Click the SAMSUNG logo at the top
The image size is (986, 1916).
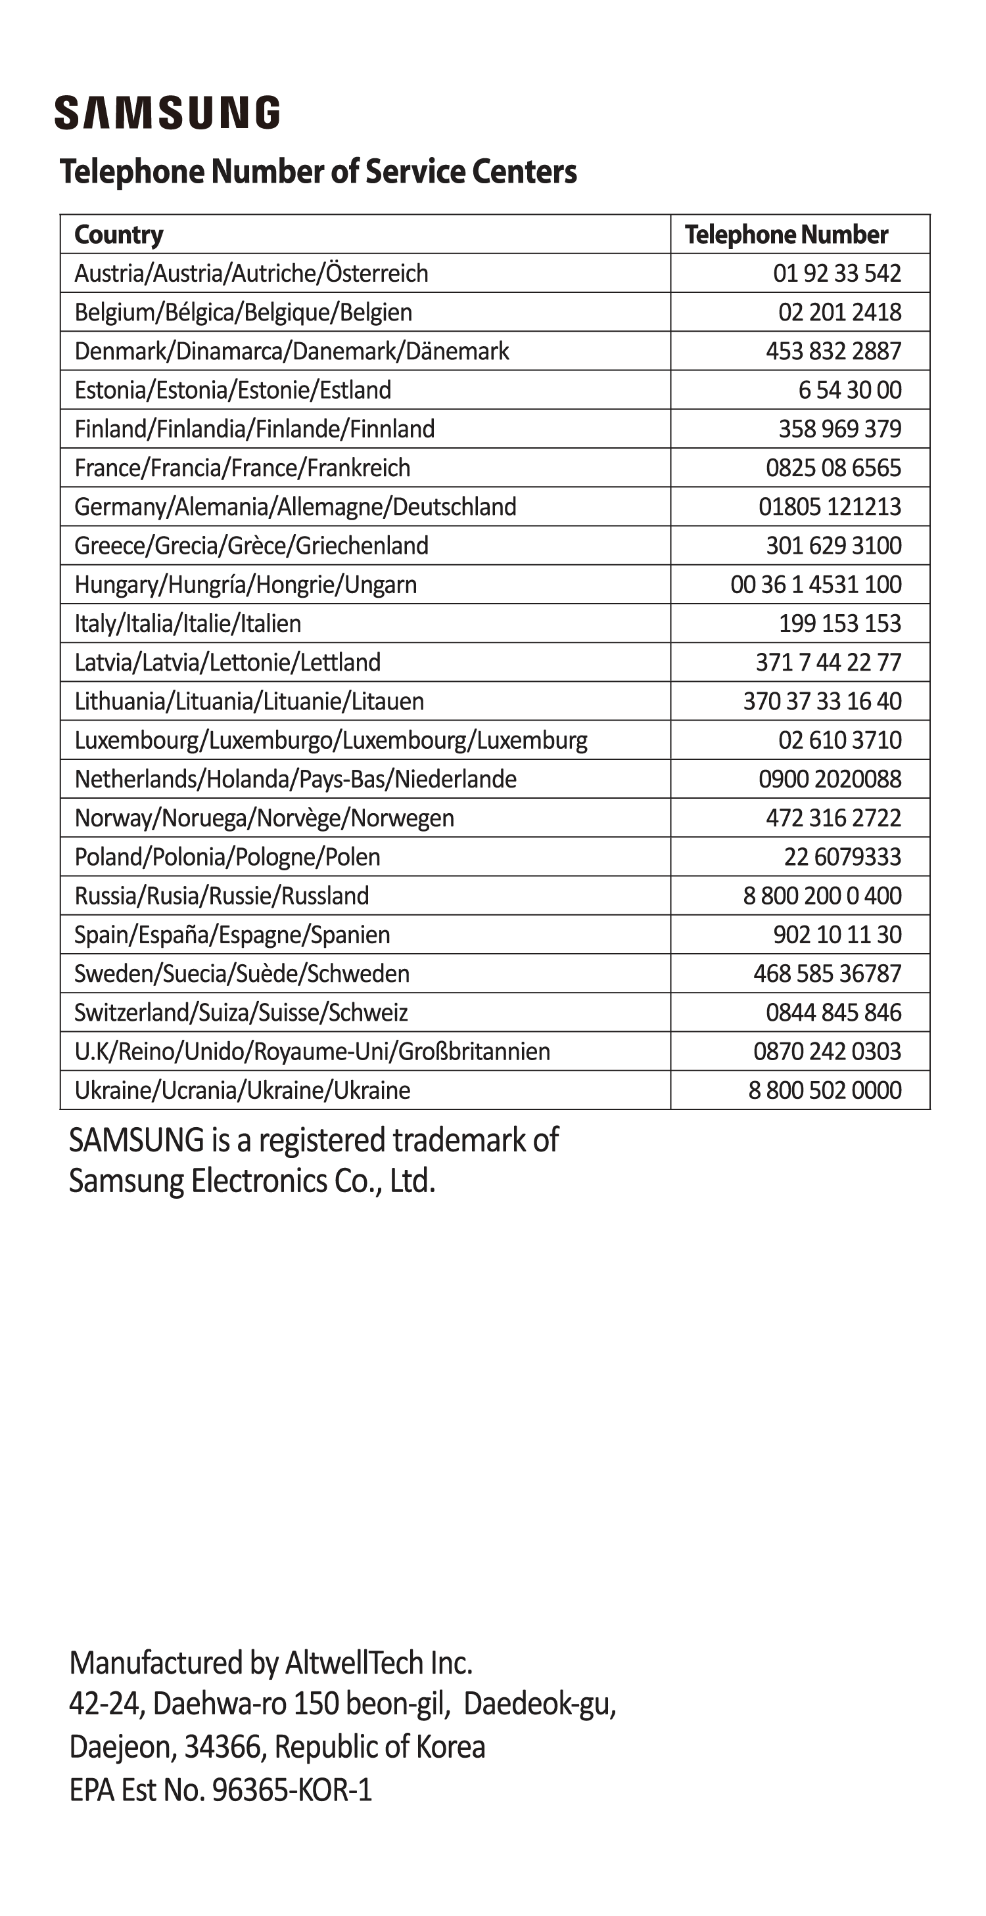(167, 112)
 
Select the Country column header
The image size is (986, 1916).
(118, 234)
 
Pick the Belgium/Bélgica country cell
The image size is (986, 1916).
(243, 313)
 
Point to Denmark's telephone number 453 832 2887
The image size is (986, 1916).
(833, 351)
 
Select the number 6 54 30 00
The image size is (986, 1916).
(849, 390)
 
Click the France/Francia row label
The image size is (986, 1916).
(242, 468)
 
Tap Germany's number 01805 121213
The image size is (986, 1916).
(829, 506)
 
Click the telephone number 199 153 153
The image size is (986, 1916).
(839, 623)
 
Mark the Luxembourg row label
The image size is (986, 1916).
(331, 740)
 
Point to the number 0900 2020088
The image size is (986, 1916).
(829, 779)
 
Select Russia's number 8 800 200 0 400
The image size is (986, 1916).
(822, 895)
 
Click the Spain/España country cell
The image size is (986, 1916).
(231, 935)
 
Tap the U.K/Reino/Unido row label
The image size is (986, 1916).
(312, 1052)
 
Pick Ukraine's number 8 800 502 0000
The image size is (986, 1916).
(824, 1090)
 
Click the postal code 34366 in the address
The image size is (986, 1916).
(222, 1747)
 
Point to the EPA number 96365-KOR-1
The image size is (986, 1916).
(292, 1789)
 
